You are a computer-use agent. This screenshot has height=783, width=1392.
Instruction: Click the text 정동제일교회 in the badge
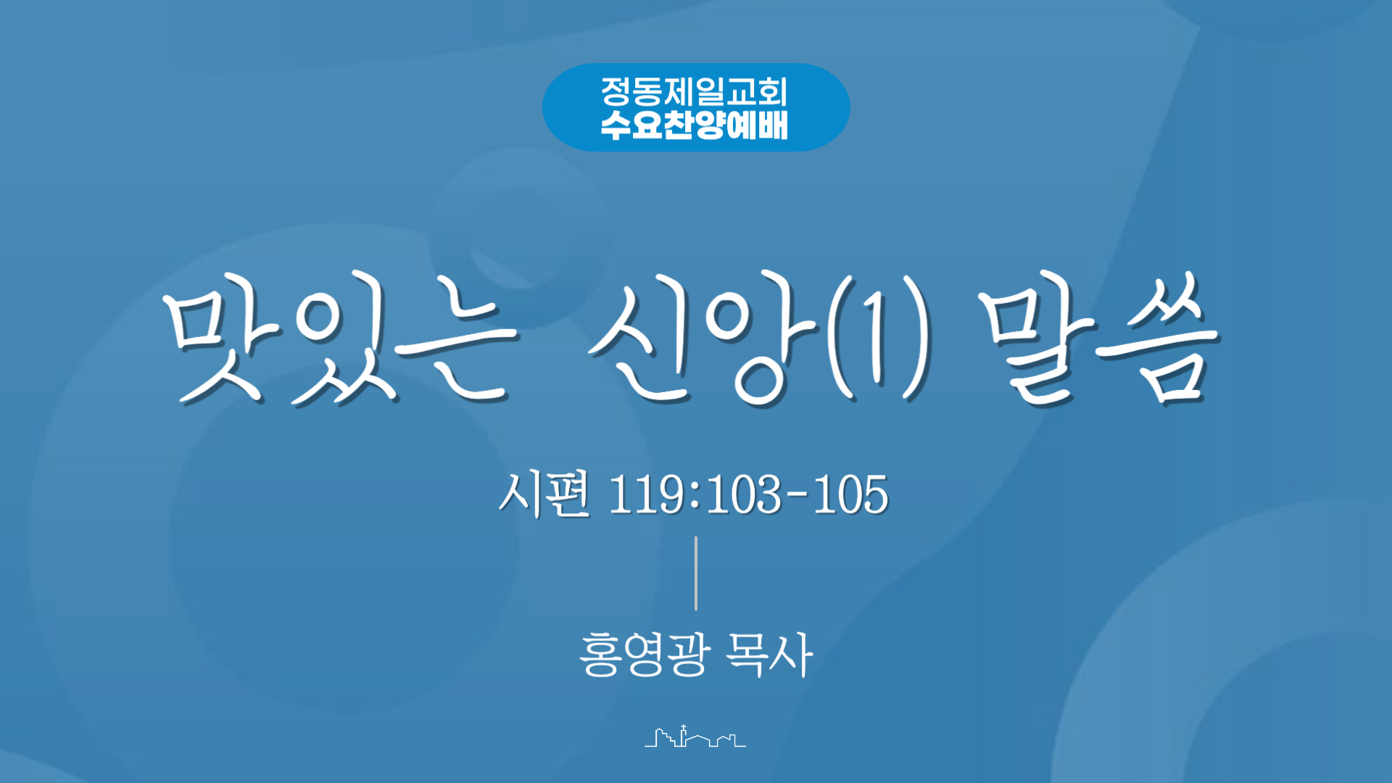click(694, 91)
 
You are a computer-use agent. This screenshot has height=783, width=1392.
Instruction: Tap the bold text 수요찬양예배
click(694, 125)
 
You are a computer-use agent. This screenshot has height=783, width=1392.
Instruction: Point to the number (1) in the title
click(879, 338)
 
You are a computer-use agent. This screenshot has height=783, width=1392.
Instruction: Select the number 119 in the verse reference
click(646, 495)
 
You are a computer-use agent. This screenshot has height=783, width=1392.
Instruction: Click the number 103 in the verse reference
click(744, 495)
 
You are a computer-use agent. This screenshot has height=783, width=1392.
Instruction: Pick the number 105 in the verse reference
click(850, 495)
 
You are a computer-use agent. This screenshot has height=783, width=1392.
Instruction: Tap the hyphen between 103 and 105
click(797, 497)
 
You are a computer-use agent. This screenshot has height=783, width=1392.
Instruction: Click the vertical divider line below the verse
click(696, 573)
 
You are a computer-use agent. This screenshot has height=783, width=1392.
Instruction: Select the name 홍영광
click(643, 655)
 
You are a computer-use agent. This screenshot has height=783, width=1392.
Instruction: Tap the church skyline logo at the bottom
click(695, 736)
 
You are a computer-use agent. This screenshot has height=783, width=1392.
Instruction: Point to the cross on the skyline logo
click(683, 727)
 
